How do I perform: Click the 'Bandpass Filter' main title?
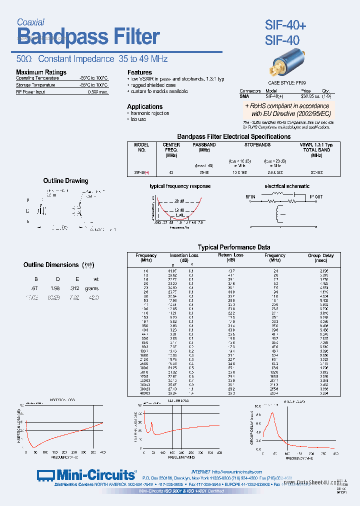click(x=88, y=37)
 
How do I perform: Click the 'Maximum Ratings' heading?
click(x=41, y=72)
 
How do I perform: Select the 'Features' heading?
click(x=139, y=72)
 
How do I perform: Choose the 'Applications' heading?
click(x=144, y=106)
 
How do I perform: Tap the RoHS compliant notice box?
click(x=286, y=110)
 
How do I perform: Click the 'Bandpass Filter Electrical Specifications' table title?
click(x=234, y=136)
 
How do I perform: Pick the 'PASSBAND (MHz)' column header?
click(x=204, y=147)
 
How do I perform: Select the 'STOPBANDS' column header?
click(x=257, y=145)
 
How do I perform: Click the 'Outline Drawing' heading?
click(x=65, y=180)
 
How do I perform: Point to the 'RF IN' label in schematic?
click(x=250, y=197)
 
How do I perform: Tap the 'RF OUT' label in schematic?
click(x=316, y=197)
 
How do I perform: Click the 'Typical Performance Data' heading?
click(x=234, y=247)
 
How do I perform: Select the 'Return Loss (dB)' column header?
click(x=230, y=257)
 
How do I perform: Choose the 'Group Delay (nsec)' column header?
click(x=320, y=258)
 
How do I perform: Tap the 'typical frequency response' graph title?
click(x=180, y=186)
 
